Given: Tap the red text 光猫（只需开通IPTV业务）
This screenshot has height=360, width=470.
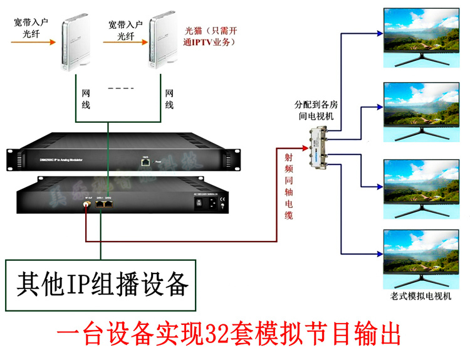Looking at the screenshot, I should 210,36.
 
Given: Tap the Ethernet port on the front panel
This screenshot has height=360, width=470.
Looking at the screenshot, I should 145,162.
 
